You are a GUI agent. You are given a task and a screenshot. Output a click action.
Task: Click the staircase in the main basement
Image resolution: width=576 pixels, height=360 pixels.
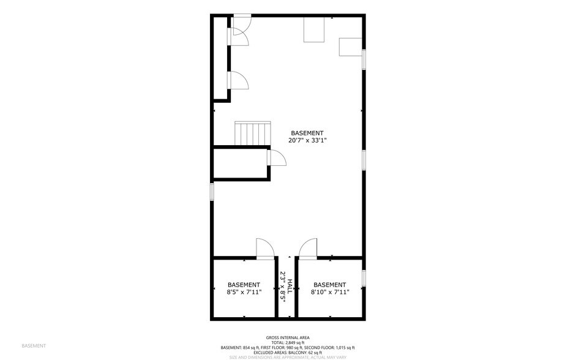point(253,132)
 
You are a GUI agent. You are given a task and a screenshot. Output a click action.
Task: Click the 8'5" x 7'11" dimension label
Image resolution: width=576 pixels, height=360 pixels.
point(244,292)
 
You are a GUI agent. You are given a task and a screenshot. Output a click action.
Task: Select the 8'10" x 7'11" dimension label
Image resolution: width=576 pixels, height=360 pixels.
point(329,292)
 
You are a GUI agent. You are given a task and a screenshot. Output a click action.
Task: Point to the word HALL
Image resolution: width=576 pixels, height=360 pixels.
point(290,287)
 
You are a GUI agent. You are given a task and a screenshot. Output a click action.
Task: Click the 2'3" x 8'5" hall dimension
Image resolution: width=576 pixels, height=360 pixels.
point(283,287)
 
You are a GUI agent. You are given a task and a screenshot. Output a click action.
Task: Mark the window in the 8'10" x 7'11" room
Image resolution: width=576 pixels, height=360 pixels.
point(364,277)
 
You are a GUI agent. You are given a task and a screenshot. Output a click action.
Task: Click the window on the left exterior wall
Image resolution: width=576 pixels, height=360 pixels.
point(212,191)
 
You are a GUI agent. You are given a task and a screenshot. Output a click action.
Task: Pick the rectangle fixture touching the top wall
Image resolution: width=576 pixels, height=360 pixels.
point(314,29)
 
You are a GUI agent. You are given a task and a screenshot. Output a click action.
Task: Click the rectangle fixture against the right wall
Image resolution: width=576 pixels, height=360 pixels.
point(351,47)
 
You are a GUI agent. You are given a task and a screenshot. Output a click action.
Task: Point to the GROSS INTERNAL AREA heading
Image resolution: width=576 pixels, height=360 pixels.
point(288,337)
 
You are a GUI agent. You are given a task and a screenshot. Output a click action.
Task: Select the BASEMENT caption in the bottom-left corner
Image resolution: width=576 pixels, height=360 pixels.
point(34,346)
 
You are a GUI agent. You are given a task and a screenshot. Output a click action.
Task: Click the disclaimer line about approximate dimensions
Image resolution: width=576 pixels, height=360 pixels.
point(288,357)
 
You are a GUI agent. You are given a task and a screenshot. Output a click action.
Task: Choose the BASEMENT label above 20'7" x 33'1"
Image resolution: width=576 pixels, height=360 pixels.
point(307,133)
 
